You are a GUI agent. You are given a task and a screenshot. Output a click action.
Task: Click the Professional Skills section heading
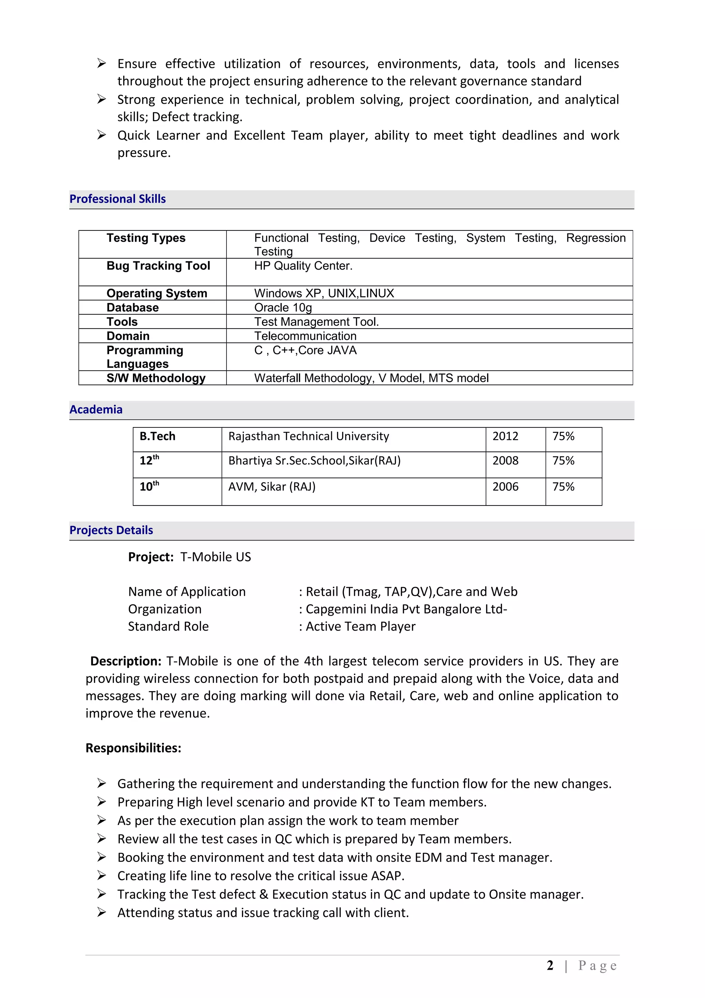pos(117,199)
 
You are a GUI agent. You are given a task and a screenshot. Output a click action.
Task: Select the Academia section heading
pos(96,409)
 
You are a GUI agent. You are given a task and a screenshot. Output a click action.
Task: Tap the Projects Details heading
pos(111,530)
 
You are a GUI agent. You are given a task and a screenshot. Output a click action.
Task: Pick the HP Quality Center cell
pos(303,266)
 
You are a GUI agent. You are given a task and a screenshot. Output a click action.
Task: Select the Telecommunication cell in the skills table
pos(305,336)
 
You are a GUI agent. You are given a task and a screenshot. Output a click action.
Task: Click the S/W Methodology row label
pos(156,378)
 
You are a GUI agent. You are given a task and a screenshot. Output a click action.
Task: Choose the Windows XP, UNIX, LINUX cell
pos(324,293)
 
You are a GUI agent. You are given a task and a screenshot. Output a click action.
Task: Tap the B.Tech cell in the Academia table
pos(157,436)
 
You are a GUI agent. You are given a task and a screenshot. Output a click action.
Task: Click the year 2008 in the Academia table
pos(505,461)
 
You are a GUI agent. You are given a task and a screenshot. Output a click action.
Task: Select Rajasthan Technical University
pos(308,436)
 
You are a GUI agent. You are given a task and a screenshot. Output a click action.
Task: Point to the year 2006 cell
pos(505,487)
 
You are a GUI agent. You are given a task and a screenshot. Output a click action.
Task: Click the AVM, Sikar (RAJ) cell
pos(272,487)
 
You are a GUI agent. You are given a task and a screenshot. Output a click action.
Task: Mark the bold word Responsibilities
pos(133,748)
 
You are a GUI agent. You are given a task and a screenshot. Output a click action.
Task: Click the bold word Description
pos(126,661)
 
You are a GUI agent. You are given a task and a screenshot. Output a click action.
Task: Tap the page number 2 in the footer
pos(550,966)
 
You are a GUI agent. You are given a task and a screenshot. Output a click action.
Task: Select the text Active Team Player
pos(360,626)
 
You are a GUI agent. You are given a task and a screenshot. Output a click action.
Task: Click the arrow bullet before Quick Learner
pos(102,135)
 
